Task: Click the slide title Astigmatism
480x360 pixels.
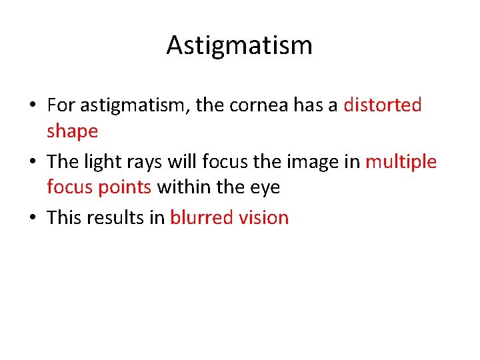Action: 239,45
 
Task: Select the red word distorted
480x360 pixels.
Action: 382,105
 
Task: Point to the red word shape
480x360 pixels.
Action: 72,132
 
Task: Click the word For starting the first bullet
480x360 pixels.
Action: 61,105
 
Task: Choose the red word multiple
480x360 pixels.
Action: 401,163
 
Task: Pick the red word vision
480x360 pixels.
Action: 265,218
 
